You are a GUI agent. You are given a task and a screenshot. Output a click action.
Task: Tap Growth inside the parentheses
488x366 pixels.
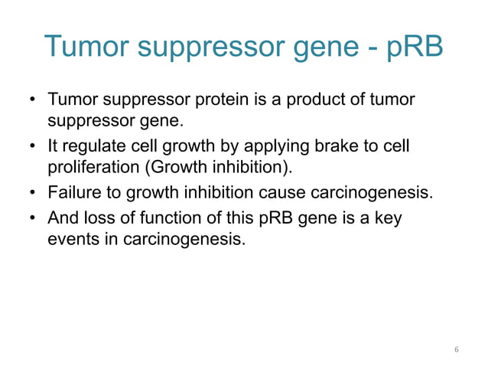tap(184, 168)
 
